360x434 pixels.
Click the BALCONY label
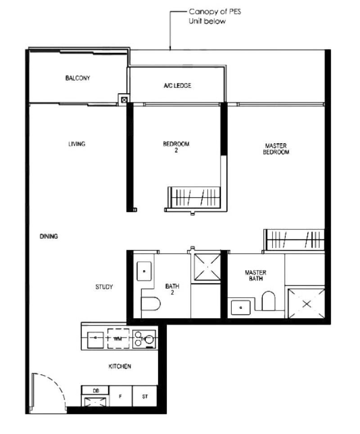pos(78,78)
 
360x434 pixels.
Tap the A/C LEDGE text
pos(177,86)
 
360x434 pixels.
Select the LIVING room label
pos(76,144)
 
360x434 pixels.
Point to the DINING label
pos(49,236)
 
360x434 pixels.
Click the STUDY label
pos(104,287)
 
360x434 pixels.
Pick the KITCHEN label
pos(120,366)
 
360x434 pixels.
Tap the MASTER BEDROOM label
pos(276,149)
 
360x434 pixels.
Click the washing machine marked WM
pos(118,338)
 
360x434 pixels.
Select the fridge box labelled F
pos(121,396)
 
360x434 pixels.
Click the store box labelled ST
pos(145,396)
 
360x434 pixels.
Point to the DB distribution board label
pos(96,391)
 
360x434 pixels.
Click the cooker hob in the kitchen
pos(144,339)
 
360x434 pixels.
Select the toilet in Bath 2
pos(151,303)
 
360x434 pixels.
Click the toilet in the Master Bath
pos(269,300)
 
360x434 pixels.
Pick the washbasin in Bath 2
pos(144,271)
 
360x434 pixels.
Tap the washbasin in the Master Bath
pos(241,307)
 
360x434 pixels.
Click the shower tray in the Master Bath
pos(306,303)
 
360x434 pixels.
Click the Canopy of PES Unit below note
pos(215,16)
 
